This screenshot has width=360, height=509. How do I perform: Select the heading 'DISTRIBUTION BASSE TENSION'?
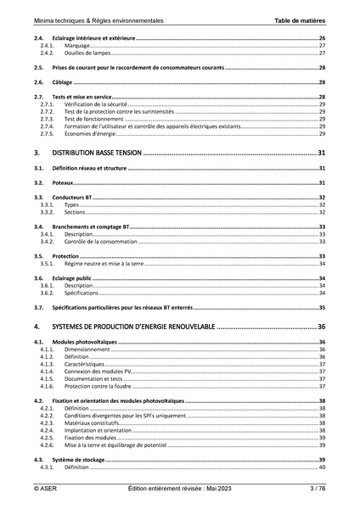click(x=96, y=154)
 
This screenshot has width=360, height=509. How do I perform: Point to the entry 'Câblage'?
click(x=62, y=82)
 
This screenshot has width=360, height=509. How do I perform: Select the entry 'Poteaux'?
click(x=63, y=182)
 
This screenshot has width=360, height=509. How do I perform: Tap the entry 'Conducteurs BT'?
click(x=72, y=198)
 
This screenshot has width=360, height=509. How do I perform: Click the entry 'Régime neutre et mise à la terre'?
click(x=104, y=264)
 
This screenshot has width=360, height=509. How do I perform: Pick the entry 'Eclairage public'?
click(x=73, y=277)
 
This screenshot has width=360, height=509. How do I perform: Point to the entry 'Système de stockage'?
click(x=77, y=459)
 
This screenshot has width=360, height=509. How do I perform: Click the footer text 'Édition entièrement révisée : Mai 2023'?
click(x=179, y=489)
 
